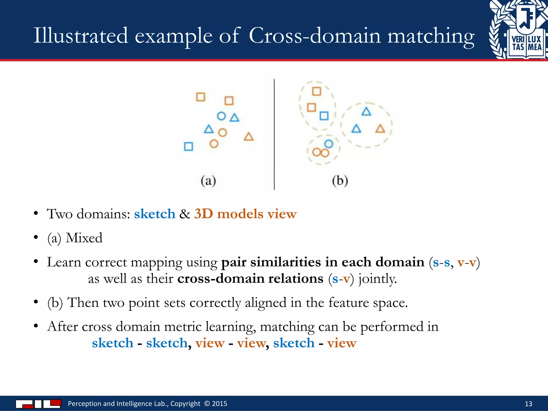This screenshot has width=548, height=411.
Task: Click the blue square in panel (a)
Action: [189, 146]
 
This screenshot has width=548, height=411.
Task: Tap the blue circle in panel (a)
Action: [221, 116]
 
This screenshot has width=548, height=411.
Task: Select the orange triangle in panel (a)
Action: [249, 137]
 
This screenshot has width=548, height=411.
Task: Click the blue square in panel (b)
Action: [324, 116]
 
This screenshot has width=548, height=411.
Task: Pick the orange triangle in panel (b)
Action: [380, 129]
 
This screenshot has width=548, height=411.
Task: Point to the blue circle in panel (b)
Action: [329, 144]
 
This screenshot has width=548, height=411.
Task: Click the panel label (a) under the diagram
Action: [208, 181]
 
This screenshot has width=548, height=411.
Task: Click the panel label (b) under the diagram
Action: [340, 181]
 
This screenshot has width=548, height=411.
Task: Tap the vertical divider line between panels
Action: [274, 134]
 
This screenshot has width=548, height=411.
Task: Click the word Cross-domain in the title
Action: [314, 36]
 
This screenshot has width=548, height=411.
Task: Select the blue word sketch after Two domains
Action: [155, 214]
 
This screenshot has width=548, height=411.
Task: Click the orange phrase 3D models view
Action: [245, 214]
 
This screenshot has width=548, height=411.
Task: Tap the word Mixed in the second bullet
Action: [84, 238]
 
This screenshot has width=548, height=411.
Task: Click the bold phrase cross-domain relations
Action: [250, 279]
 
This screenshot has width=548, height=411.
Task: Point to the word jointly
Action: [378, 279]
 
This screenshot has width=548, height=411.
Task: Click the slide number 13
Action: [528, 404]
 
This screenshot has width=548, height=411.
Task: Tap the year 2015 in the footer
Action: [219, 404]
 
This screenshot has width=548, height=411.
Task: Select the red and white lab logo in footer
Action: [39, 404]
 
